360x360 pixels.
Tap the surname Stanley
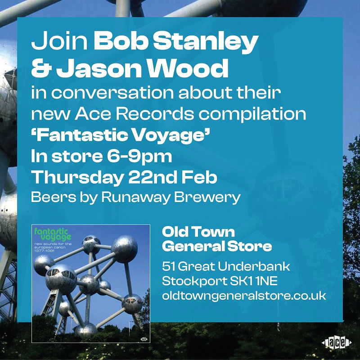205,44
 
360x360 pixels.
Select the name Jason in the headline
99,68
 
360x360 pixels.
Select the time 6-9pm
139,157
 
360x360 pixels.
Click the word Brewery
207,198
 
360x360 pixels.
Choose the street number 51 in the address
168,266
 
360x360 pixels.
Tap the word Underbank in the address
254,266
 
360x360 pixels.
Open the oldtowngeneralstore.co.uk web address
244,296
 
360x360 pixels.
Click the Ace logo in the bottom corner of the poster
336,343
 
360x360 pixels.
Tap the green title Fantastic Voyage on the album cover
53,234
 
